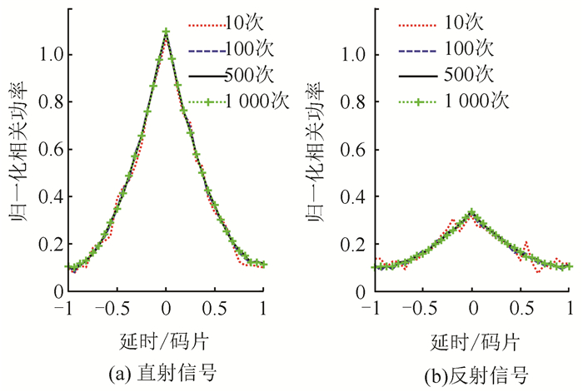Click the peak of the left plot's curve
[167, 32]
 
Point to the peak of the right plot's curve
[472, 211]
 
